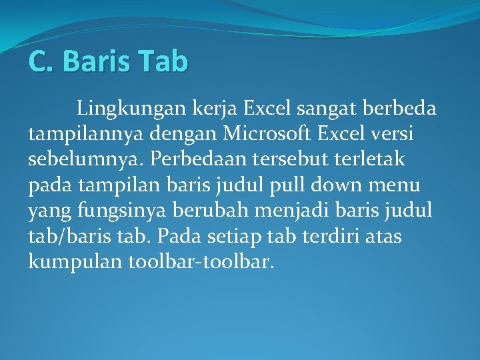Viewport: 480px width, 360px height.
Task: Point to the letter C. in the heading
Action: [41, 61]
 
